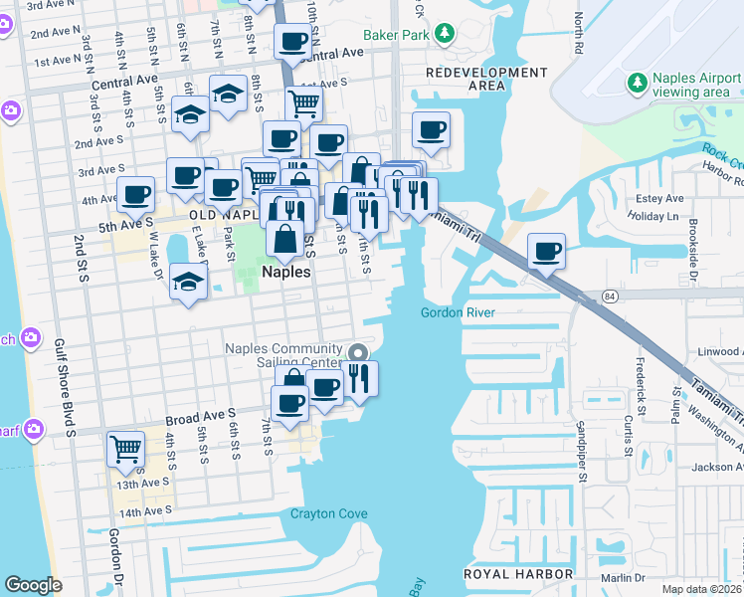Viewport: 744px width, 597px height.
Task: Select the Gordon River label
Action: tap(458, 312)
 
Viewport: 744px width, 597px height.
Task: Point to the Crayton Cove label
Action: tap(329, 514)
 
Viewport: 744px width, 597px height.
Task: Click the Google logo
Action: tap(33, 585)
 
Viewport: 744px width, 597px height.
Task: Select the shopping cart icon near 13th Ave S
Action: tap(125, 450)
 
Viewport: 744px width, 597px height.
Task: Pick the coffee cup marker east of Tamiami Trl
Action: tap(545, 251)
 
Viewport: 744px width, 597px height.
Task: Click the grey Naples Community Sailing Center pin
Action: tap(358, 352)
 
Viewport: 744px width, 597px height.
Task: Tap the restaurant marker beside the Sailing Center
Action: tap(359, 378)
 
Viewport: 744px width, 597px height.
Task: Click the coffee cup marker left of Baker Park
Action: tap(293, 41)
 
